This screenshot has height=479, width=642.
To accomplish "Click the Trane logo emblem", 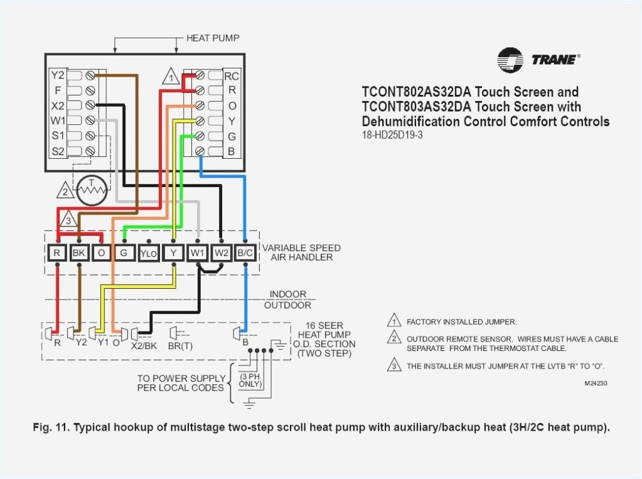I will pyautogui.click(x=510, y=60).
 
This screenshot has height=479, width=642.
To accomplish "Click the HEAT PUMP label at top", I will pyautogui.click(x=212, y=38).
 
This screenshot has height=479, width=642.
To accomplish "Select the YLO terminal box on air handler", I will pyautogui.click(x=148, y=253).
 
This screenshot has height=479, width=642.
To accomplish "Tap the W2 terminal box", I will pyautogui.click(x=221, y=253).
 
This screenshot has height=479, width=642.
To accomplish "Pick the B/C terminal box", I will pyautogui.click(x=245, y=253).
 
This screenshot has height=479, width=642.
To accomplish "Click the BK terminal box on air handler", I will pyautogui.click(x=79, y=253).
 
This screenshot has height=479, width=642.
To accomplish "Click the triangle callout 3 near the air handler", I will pyautogui.click(x=68, y=220).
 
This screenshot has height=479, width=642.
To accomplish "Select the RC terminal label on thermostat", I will pyautogui.click(x=232, y=76).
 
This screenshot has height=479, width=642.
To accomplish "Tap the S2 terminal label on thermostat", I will pyautogui.click(x=58, y=151).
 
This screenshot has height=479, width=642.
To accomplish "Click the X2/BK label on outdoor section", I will pyautogui.click(x=143, y=345).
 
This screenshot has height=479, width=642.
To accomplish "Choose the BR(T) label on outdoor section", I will pyautogui.click(x=180, y=345).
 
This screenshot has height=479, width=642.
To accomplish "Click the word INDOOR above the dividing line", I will pyautogui.click(x=288, y=294).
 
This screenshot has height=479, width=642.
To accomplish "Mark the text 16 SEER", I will pyautogui.click(x=324, y=325).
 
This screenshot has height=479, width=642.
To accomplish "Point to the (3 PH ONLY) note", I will pyautogui.click(x=250, y=379).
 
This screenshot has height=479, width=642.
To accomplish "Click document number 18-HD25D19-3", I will pyautogui.click(x=392, y=135).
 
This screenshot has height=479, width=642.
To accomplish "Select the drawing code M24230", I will pyautogui.click(x=596, y=383).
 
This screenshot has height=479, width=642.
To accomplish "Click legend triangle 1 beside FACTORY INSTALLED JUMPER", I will pyautogui.click(x=393, y=321).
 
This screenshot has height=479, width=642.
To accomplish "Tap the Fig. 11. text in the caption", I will pyautogui.click(x=51, y=428).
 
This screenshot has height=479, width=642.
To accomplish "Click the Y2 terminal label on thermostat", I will pyautogui.click(x=58, y=75).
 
